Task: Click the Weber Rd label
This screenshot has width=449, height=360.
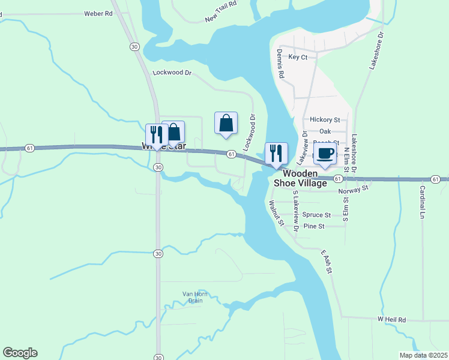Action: coord(98,13)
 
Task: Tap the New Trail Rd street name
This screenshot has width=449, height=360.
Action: coord(221,11)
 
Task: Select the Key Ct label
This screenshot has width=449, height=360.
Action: coord(298,57)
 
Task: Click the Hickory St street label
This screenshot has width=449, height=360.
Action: coord(325,120)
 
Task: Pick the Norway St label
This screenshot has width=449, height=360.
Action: coord(353,190)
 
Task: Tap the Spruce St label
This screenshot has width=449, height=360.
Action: coord(316,215)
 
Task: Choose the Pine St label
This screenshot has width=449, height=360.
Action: coord(314,226)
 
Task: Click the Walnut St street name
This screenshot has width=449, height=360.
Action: coord(276,213)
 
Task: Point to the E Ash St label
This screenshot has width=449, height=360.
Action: coord(326,262)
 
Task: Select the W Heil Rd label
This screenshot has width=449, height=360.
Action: coord(392,319)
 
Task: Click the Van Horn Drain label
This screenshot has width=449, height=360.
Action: coord(193,297)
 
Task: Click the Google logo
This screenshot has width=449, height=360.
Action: coord(20,353)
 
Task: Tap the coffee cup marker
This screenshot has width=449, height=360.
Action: coord(325,154)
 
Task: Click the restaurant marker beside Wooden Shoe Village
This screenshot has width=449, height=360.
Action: coord(276,154)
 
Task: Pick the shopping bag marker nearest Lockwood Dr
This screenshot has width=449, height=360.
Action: coord(226,124)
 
